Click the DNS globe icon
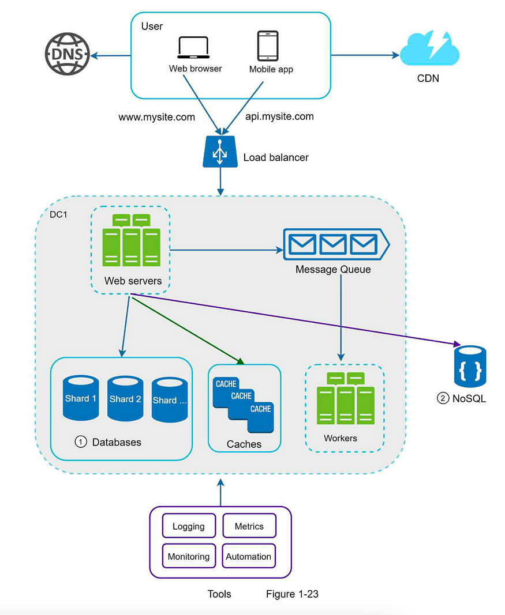tap(67, 54)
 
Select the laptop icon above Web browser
tap(193, 47)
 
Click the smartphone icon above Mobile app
tap(268, 46)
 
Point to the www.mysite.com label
tap(156, 117)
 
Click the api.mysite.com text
tap(279, 116)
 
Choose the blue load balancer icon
tap(220, 152)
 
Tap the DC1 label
tap(58, 214)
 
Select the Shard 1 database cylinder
tap(80, 398)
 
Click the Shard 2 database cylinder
tap(125, 398)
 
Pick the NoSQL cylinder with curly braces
tap(470, 367)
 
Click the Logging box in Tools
tap(189, 526)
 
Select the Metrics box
tap(249, 526)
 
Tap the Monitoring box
tap(189, 556)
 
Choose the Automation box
tap(249, 556)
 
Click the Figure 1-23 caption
tap(292, 594)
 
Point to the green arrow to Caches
tap(188, 331)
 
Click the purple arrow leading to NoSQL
tap(295, 319)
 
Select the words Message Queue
tap(333, 269)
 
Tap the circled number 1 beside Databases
tap(81, 442)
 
